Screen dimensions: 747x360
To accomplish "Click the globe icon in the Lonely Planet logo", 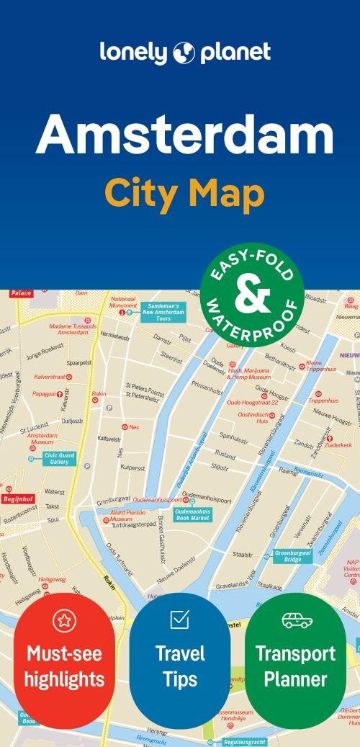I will click(x=185, y=53).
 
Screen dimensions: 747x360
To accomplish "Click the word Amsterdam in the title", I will click(x=184, y=136).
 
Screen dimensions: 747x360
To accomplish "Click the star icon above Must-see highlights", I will click(x=65, y=620).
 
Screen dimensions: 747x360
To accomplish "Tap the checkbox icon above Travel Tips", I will click(x=179, y=619).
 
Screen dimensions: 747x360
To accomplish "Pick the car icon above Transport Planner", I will click(x=297, y=620).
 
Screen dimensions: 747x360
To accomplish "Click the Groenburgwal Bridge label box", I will click(x=292, y=555).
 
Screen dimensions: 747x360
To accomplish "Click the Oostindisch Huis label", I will click(x=253, y=417).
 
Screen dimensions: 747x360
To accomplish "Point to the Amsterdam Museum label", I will click(x=41, y=439).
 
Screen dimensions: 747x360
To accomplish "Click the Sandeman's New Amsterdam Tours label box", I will click(x=163, y=311).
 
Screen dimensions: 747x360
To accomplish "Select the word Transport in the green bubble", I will click(x=295, y=653).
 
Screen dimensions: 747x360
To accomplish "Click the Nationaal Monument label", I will click(x=123, y=302).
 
